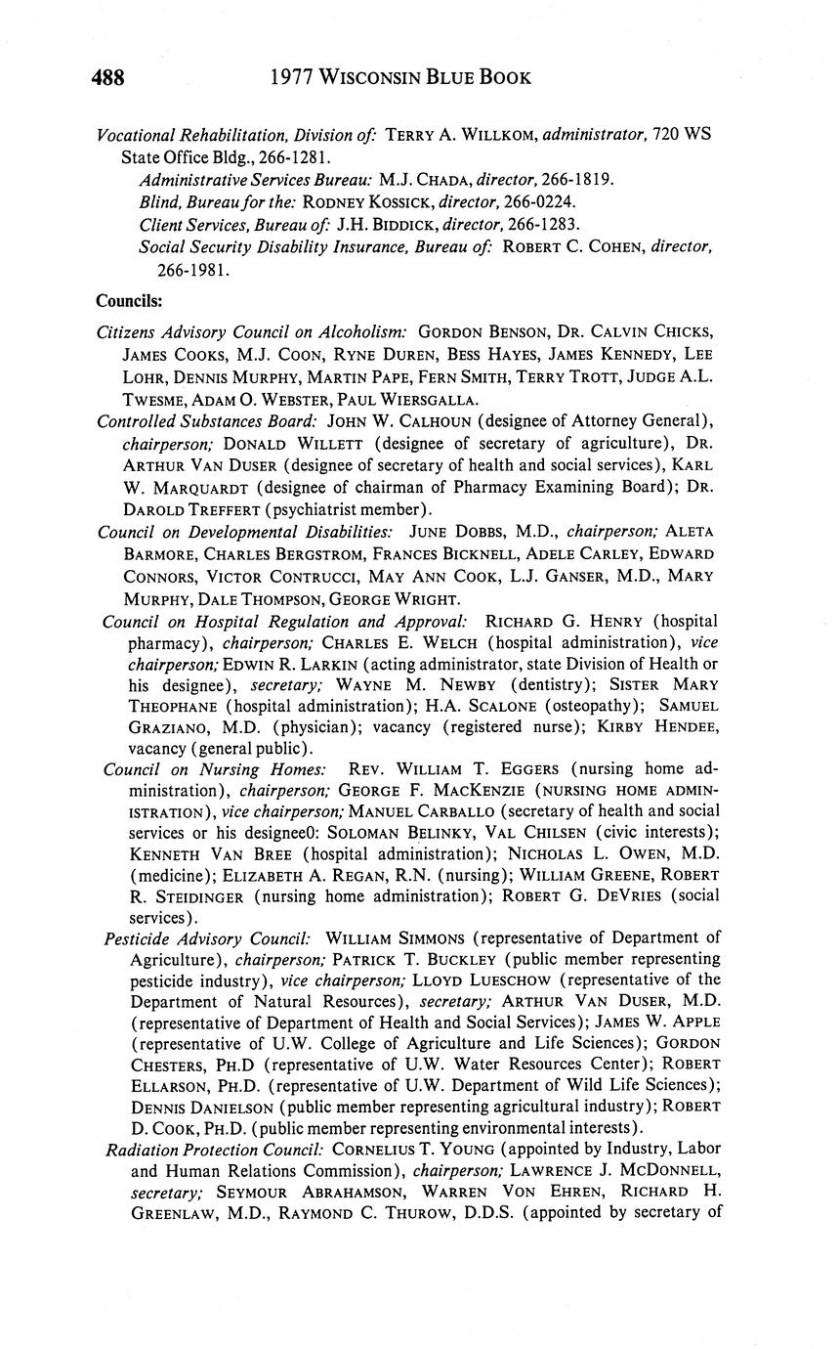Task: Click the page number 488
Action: pyautogui.click(x=109, y=77)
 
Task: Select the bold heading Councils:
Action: pyautogui.click(x=129, y=300)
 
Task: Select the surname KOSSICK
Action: pyautogui.click(x=395, y=201)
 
